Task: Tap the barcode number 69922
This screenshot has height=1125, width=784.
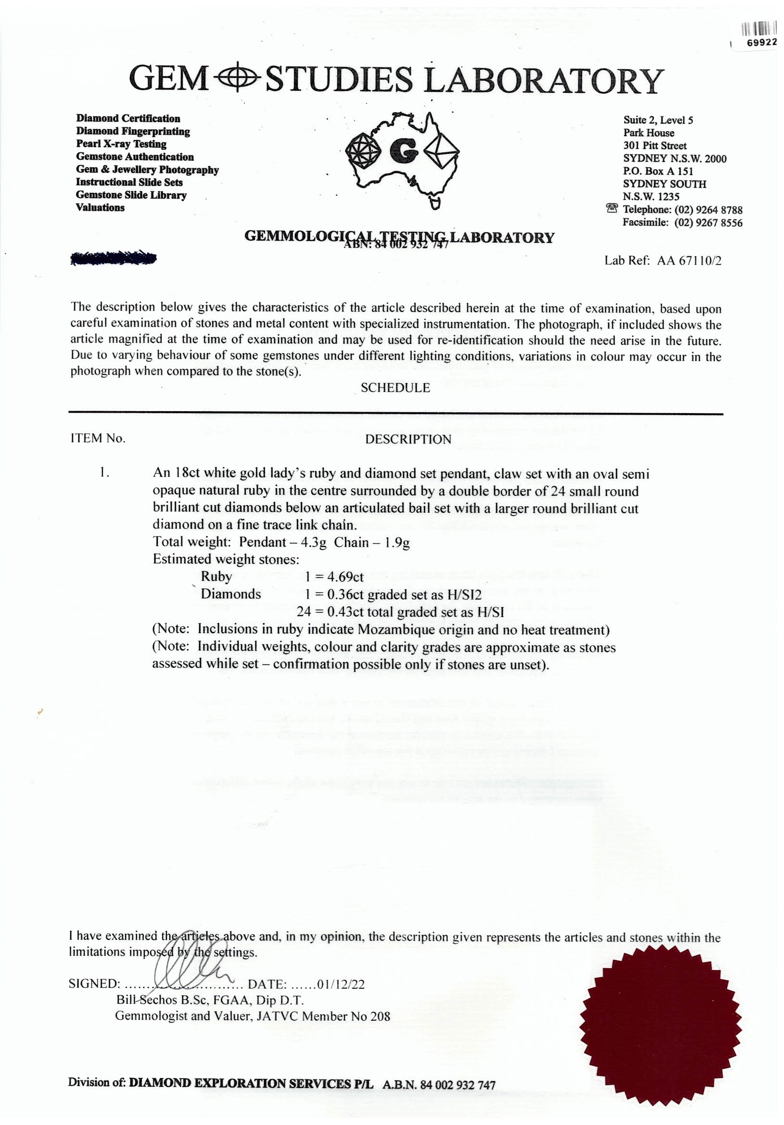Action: pos(761,43)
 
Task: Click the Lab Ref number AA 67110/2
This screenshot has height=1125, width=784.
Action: pos(689,260)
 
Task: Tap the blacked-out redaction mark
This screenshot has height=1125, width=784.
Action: pos(113,258)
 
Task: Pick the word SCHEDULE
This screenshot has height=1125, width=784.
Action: pos(395,388)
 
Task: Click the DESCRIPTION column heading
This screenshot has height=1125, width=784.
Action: pos(408,439)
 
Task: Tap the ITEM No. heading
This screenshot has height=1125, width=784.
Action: pos(98,438)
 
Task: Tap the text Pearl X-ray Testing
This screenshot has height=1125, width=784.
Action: pos(121,144)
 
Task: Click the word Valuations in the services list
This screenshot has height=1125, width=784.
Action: pos(100,207)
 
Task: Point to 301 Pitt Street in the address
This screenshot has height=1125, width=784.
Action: pos(655,146)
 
